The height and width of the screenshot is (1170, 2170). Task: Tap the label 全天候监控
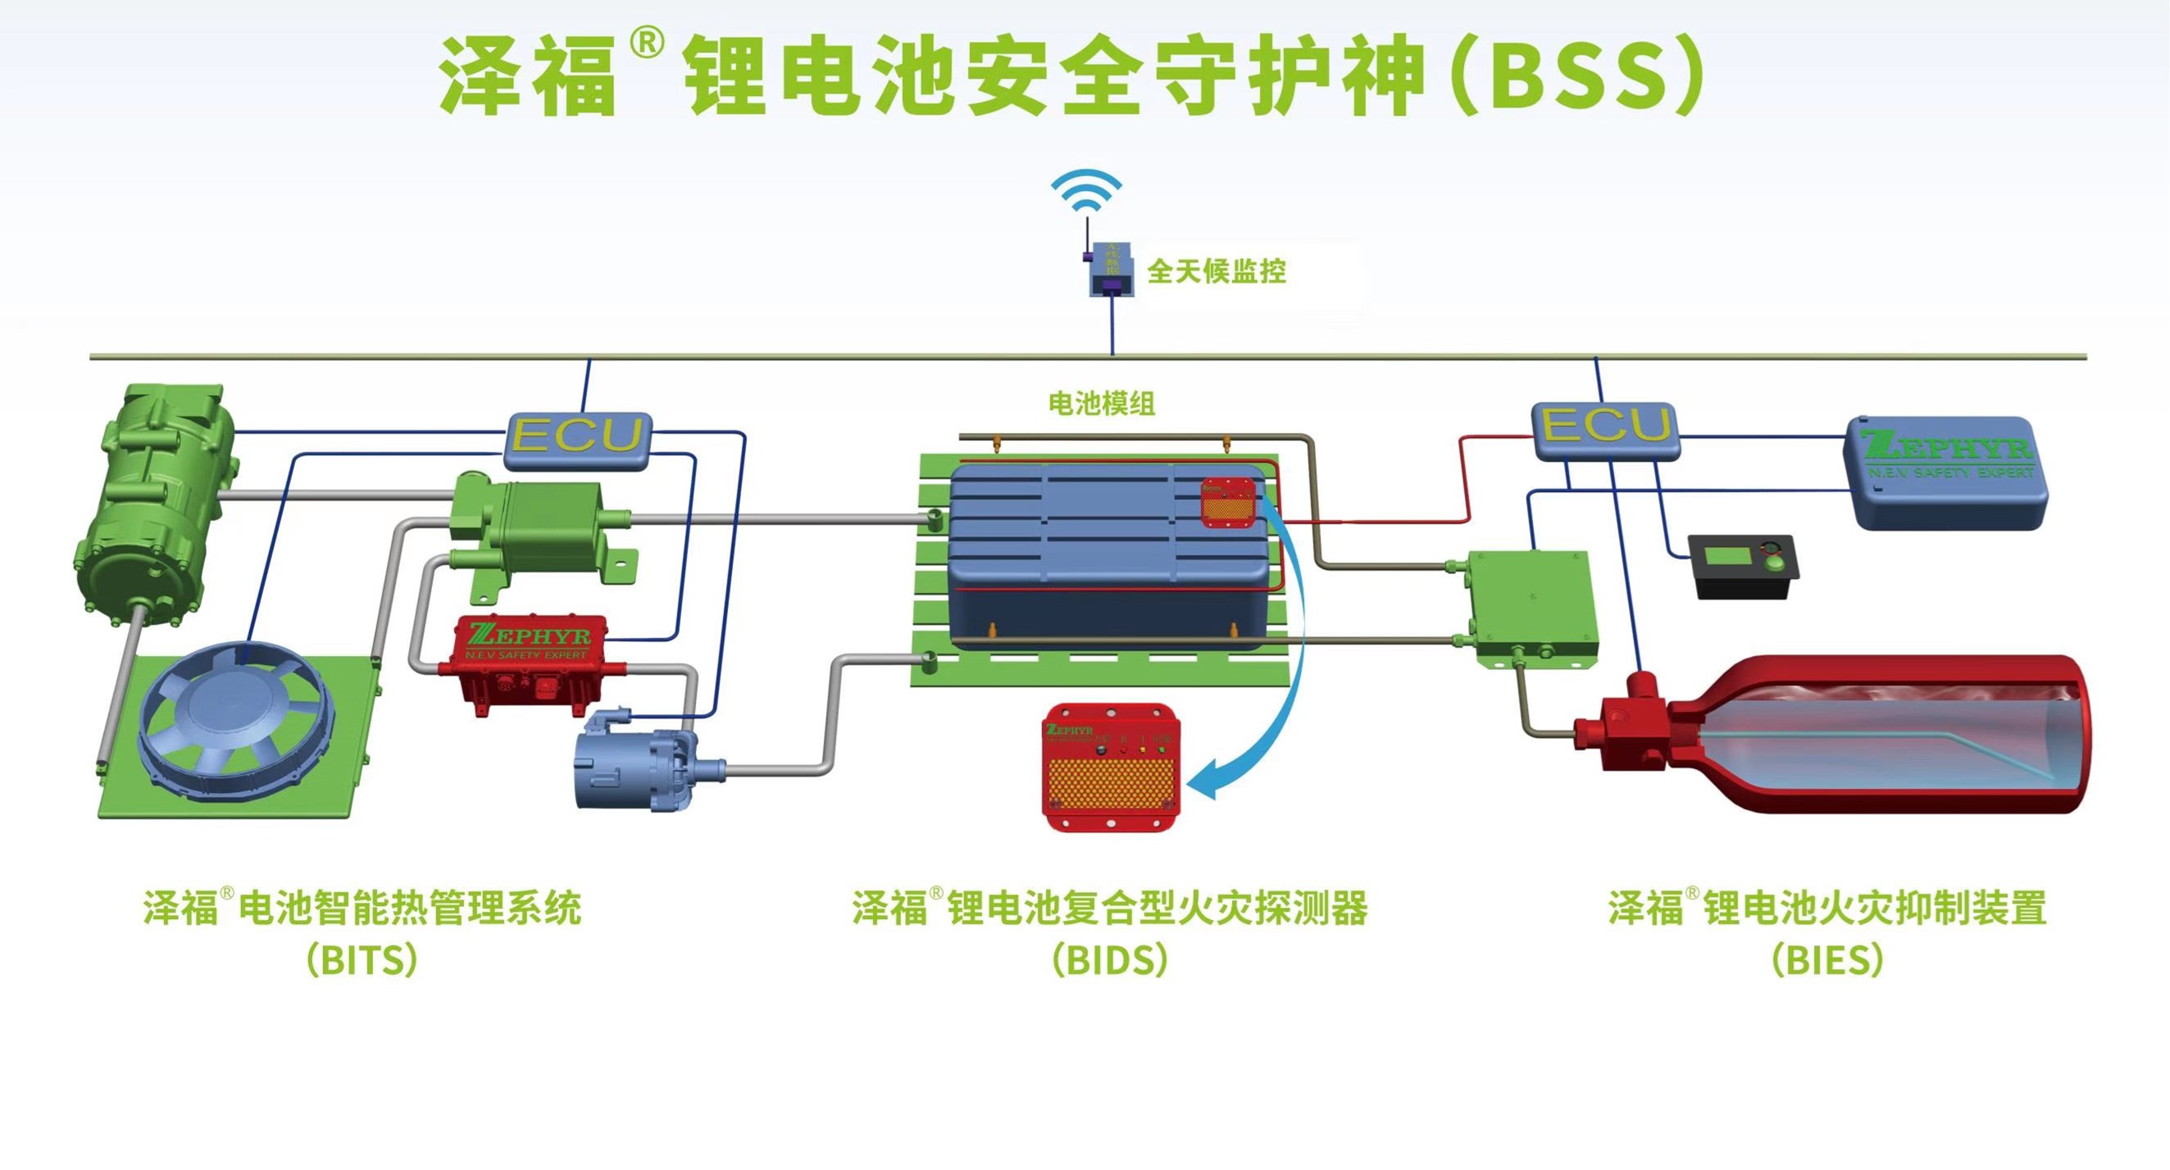(1216, 271)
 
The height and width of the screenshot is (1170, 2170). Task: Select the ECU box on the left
(577, 438)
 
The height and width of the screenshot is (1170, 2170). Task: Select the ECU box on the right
(1605, 429)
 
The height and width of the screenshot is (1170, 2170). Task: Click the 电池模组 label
(1100, 403)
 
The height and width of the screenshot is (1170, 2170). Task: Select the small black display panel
(1743, 565)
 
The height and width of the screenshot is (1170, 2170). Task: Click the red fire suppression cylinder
(1895, 735)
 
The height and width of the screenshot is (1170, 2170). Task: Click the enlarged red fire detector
(1109, 767)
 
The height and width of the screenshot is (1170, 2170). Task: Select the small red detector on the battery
(1227, 502)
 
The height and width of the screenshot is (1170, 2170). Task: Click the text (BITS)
(362, 959)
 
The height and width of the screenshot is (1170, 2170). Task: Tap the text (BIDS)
(1109, 959)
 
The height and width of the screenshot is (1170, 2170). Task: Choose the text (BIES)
(1827, 959)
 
